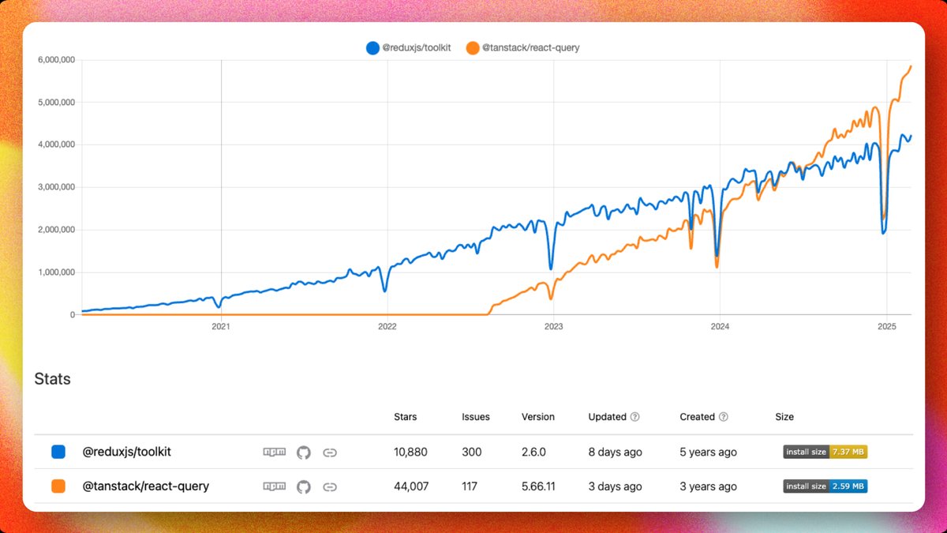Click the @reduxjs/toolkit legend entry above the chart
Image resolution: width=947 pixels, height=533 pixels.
[408, 48]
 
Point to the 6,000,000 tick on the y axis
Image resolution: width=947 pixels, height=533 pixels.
[56, 60]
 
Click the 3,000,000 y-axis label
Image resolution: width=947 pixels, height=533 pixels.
[56, 187]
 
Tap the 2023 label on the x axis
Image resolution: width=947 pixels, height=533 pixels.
[553, 325]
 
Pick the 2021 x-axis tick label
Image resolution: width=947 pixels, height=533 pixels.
[221, 325]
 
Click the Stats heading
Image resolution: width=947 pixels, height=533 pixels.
[53, 379]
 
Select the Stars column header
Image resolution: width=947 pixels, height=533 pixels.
[405, 417]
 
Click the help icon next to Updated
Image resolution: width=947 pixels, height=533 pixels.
[635, 417]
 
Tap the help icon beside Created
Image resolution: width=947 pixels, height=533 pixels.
[724, 417]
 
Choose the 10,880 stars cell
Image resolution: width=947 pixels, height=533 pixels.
[410, 452]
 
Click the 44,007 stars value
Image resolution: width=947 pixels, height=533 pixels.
[410, 486]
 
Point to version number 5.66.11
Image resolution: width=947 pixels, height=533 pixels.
[538, 486]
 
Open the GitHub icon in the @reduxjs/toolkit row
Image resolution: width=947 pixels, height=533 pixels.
[304, 452]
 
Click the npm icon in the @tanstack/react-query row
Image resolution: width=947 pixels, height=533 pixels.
[274, 486]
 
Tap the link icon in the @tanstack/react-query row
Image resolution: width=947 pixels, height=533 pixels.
[331, 486]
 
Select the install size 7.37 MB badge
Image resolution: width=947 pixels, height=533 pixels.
[825, 452]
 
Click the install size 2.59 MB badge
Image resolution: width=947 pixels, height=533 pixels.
[825, 486]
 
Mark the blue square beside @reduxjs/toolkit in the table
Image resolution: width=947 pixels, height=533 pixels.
[58, 452]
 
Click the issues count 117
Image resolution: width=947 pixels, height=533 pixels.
[470, 486]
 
